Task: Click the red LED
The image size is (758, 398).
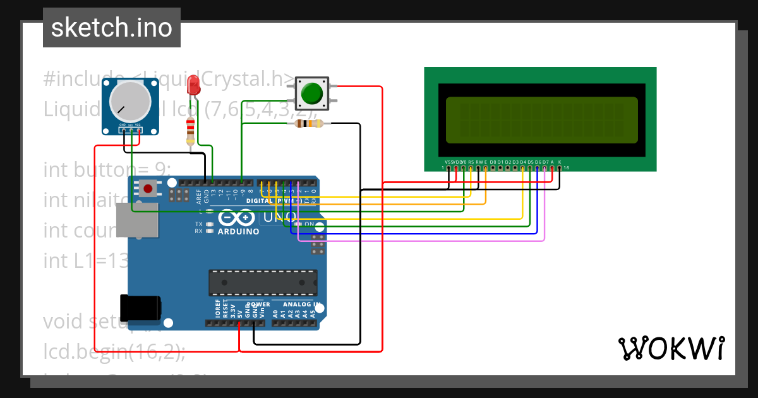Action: [x=195, y=83]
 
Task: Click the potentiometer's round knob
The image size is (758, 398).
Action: [x=131, y=103]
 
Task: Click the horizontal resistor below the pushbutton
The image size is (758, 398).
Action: [x=309, y=123]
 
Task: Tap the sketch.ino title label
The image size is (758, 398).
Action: [x=112, y=28]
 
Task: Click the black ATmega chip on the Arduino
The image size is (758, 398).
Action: [x=263, y=282]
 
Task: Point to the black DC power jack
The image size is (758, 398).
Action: [x=140, y=309]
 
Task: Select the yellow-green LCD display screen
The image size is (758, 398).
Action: [x=541, y=120]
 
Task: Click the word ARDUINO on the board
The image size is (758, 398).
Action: [x=238, y=231]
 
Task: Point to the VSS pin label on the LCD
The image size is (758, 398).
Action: [x=448, y=162]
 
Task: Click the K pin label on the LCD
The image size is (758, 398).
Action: [x=560, y=162]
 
